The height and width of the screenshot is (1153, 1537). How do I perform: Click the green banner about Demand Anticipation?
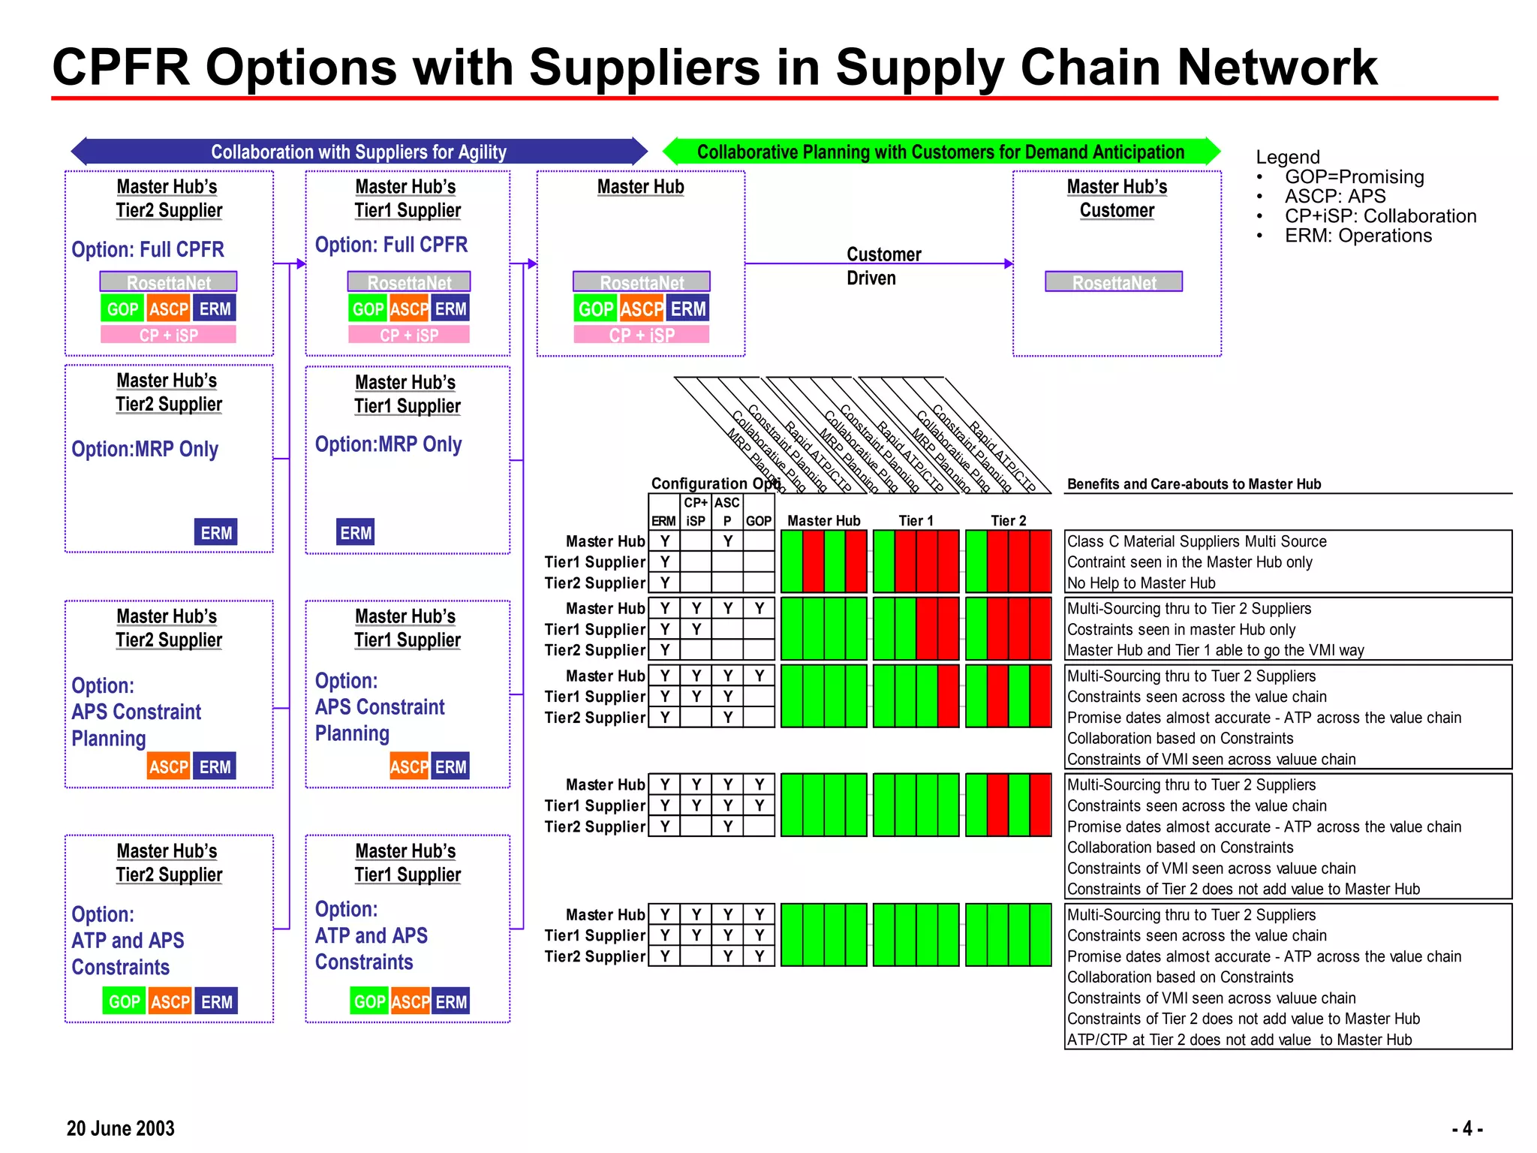point(940,152)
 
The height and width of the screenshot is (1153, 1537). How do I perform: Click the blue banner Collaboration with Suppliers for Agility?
point(359,152)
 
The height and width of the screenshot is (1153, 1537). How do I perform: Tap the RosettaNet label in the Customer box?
point(1114,282)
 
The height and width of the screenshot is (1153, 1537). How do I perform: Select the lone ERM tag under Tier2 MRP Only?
point(216,533)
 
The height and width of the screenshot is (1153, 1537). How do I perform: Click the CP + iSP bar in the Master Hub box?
point(641,335)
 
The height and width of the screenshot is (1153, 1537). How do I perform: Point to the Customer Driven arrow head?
point(1009,263)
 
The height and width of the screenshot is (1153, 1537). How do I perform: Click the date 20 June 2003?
point(120,1128)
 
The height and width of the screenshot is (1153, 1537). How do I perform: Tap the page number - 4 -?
point(1467,1128)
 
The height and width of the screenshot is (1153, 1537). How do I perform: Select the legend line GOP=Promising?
point(1354,177)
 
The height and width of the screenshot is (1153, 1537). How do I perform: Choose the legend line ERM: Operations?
point(1358,236)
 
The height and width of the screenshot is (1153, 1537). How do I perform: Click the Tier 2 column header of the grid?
point(1008,521)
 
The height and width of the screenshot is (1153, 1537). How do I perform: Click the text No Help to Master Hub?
point(1141,583)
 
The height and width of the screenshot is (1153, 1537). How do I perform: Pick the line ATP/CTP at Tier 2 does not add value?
point(1239,1040)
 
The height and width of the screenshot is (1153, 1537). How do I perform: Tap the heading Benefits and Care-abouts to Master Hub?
point(1193,484)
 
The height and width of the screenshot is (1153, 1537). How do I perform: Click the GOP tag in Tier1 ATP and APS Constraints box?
point(369,1001)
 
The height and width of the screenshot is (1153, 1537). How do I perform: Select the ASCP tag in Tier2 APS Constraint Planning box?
point(169,766)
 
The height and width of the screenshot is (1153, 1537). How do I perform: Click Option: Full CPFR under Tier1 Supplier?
point(391,245)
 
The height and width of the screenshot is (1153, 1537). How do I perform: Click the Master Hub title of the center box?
point(640,187)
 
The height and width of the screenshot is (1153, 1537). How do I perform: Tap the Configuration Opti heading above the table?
point(715,483)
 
